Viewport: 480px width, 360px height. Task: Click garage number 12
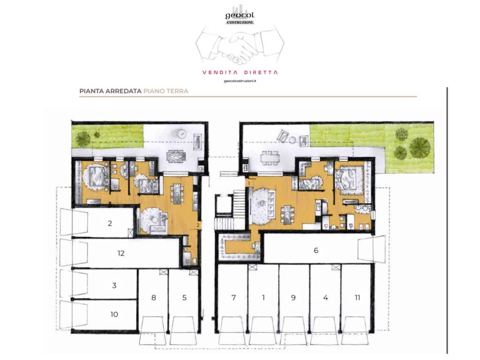coord(121,254)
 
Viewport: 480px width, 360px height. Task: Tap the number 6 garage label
coord(316,250)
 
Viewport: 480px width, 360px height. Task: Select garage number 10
coord(114,315)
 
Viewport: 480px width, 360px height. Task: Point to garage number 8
coord(154,297)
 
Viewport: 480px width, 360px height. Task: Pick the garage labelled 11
coord(357,297)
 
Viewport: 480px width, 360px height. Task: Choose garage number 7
coord(233,297)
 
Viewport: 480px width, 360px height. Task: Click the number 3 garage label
coord(114,285)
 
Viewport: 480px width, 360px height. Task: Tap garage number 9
coord(293,297)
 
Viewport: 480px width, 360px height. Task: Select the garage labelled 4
coord(325,297)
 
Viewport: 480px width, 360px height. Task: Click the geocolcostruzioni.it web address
coord(240,81)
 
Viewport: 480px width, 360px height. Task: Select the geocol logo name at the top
coord(240,15)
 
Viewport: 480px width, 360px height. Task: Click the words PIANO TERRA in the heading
coord(165,91)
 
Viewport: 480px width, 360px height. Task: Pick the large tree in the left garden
coord(83,139)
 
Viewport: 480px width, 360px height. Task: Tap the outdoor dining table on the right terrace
coord(270,158)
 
